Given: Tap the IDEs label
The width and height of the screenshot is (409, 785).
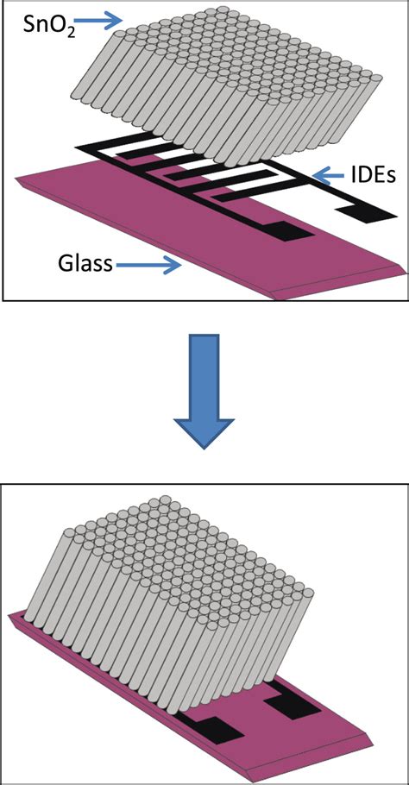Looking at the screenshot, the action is [370, 175].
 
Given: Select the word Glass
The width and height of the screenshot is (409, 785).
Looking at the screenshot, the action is [85, 263].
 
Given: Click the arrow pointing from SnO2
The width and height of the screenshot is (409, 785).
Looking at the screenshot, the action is [104, 21].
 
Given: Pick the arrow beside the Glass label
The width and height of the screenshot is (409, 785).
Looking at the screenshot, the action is [148, 266].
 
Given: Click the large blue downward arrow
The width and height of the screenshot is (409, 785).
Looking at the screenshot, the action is [204, 391].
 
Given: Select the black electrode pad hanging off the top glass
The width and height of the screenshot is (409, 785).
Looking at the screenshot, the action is [366, 213].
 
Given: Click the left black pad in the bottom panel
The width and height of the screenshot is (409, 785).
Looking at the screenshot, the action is [215, 728].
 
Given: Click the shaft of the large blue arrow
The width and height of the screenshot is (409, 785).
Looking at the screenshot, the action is [204, 375].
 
